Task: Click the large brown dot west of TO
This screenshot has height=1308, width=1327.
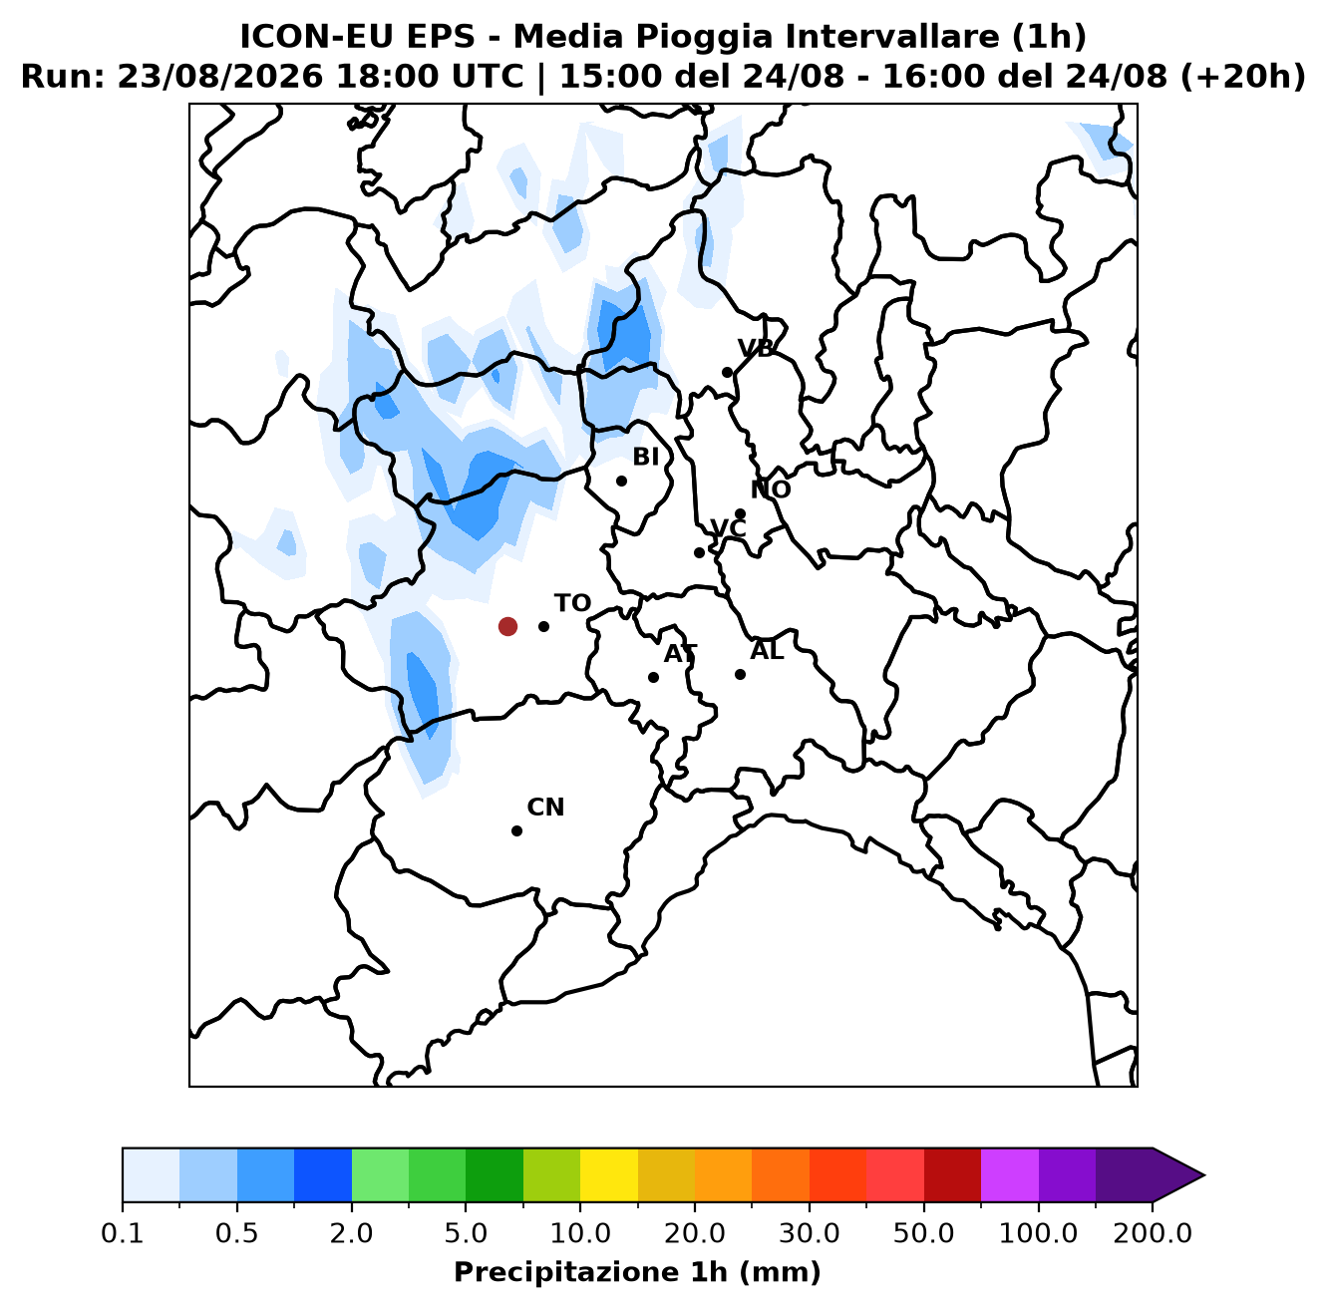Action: (507, 626)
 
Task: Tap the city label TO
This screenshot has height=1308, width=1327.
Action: (572, 603)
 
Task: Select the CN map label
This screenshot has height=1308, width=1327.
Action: (545, 808)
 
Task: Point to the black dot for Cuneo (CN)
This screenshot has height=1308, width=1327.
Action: (516, 830)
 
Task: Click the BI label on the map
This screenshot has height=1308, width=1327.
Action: (646, 457)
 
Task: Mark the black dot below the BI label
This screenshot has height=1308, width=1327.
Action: (621, 481)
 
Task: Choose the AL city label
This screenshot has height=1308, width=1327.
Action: (767, 651)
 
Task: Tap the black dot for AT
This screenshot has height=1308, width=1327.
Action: (653, 677)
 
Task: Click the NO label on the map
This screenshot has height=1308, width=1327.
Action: (771, 490)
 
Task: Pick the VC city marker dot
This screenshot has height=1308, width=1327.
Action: (699, 552)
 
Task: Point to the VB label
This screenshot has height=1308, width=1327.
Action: (756, 349)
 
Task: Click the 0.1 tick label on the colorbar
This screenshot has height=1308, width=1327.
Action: (123, 1233)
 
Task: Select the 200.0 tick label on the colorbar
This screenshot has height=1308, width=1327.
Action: (1153, 1233)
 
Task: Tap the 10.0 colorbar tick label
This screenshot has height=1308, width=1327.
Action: (580, 1233)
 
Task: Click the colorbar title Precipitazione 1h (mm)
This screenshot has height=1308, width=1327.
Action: (638, 1272)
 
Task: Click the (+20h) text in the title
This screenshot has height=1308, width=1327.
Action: (1242, 77)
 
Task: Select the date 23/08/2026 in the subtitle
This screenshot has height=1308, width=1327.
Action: (220, 77)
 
